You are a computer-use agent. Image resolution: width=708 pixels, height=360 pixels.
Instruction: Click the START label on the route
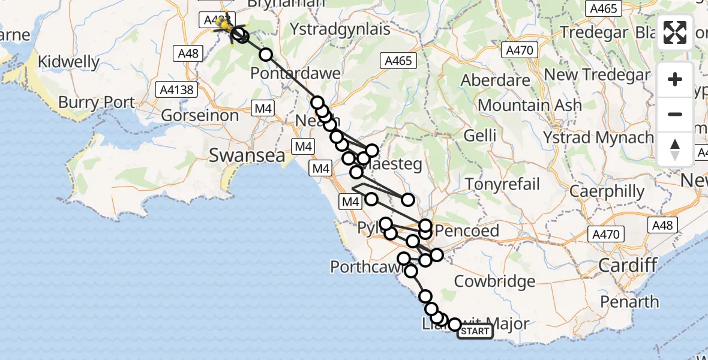(x=475, y=331)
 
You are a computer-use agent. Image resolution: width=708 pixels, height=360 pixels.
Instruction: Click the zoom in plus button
(x=675, y=80)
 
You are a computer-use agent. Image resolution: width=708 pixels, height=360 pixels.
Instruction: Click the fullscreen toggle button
(x=675, y=32)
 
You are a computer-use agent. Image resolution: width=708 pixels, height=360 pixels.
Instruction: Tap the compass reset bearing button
(x=675, y=148)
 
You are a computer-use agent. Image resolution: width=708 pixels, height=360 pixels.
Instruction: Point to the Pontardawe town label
(x=295, y=74)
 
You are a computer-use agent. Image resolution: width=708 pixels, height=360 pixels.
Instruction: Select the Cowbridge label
(x=494, y=281)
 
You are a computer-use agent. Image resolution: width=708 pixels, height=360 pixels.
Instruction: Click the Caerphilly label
(x=607, y=192)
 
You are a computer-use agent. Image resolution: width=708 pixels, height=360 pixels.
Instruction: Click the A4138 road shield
(x=176, y=90)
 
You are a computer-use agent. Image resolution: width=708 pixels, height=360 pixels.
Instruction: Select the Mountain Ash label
(x=530, y=106)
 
